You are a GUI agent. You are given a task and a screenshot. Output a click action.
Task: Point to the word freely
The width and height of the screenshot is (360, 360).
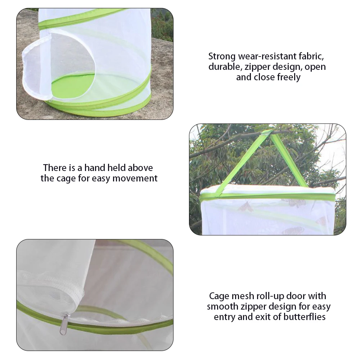click(288, 77)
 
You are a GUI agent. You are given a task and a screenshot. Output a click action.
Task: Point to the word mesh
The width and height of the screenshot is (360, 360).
click(241, 296)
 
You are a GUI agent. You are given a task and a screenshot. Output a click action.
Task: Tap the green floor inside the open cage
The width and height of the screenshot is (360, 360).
click(72, 86)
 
